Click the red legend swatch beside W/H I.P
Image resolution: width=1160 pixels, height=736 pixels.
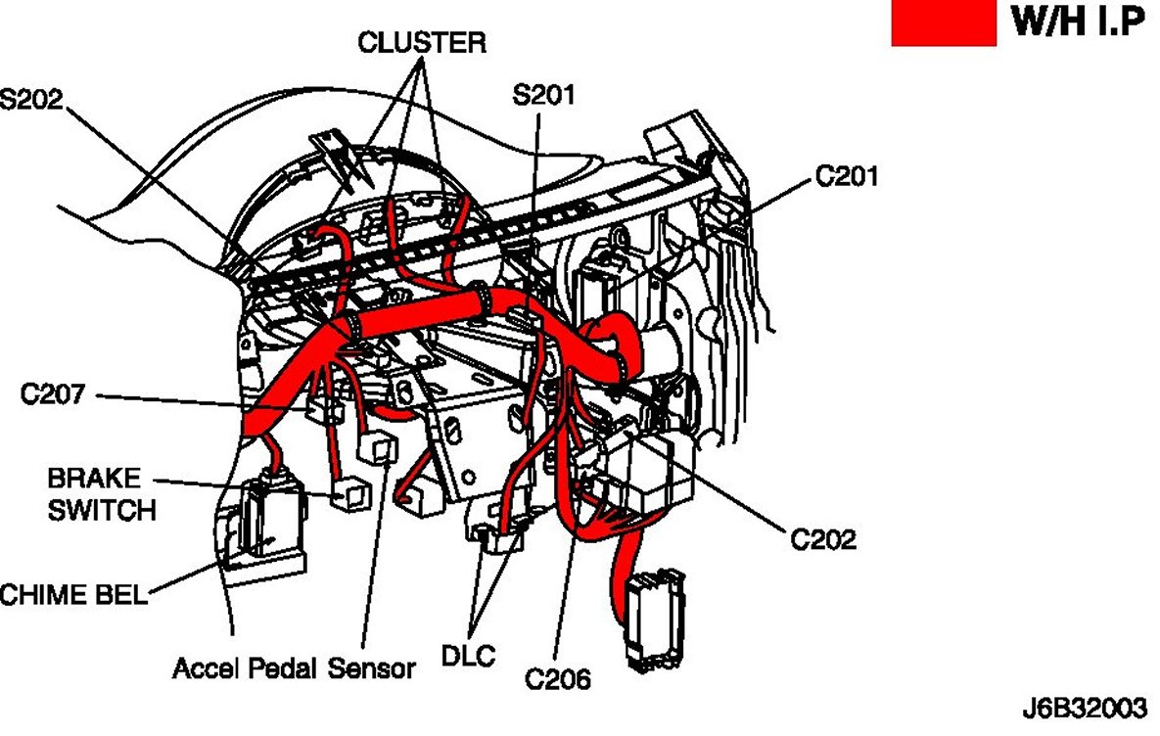pos(943,23)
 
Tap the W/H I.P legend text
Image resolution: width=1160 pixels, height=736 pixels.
pos(1078,23)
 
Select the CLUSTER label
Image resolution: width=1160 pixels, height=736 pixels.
pos(421,42)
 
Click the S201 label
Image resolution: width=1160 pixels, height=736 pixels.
pos(544,96)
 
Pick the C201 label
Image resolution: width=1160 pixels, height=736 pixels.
pos(847,177)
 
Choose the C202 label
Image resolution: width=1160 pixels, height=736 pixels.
pos(823,538)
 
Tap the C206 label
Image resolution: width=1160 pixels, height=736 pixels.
pos(557,677)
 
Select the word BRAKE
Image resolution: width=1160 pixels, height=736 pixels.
pos(94,480)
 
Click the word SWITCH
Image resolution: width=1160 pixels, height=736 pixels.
pos(101,510)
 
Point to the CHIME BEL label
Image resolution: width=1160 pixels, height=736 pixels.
pos(73,594)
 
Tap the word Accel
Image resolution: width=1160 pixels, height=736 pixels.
pos(207,669)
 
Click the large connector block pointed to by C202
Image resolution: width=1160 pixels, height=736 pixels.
pos(651,475)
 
